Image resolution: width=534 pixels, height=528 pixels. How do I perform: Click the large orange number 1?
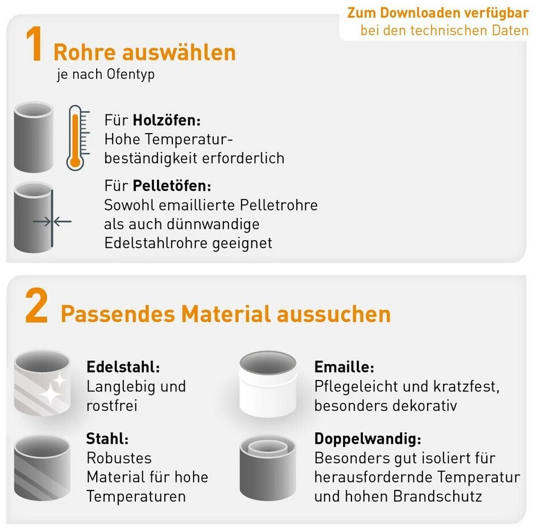[35, 44]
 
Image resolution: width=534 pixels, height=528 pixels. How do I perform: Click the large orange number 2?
[36, 305]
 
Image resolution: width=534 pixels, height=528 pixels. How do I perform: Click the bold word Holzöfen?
[167, 120]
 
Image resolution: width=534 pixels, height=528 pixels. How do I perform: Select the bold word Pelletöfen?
[172, 185]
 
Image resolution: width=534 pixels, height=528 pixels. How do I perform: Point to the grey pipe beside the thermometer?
[34, 137]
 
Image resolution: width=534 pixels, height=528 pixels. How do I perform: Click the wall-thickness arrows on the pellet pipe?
[52, 222]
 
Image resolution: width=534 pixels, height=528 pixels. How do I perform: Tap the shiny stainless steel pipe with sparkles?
[42, 383]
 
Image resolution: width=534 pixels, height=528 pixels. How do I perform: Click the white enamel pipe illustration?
[268, 384]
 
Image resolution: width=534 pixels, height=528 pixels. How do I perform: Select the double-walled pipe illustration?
[268, 468]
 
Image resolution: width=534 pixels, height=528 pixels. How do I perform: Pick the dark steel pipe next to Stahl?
[42, 468]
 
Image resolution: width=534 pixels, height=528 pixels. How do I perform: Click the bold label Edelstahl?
[123, 367]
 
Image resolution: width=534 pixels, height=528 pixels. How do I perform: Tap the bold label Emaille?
[344, 367]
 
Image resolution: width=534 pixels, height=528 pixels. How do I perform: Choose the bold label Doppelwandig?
[368, 439]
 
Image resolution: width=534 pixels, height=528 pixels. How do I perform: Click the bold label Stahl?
[107, 439]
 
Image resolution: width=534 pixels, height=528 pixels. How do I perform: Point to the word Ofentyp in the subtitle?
[130, 75]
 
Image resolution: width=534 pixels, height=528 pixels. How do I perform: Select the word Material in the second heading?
[226, 313]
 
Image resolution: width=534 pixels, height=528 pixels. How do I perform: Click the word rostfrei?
[112, 406]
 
